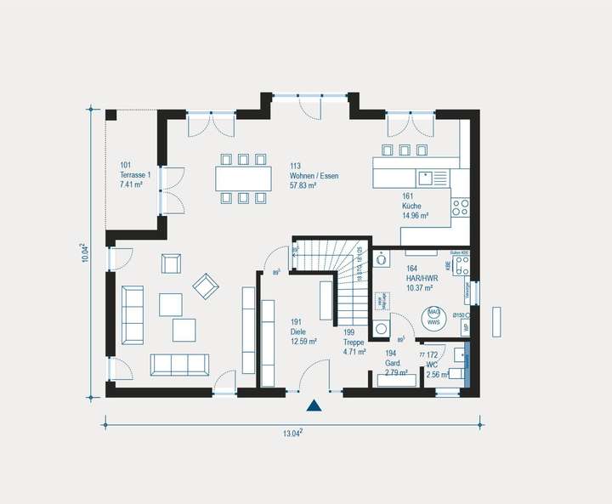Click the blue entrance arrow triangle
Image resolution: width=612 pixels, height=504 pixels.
(x=314, y=406)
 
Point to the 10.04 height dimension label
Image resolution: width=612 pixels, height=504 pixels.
(x=84, y=252)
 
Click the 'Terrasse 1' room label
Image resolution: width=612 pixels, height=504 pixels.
(x=135, y=175)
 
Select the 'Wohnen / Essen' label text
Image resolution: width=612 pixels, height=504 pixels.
(x=314, y=176)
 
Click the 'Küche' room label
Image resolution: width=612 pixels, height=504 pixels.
(x=413, y=207)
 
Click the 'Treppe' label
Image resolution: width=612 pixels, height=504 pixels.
(x=354, y=342)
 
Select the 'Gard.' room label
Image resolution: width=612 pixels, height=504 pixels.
(x=394, y=362)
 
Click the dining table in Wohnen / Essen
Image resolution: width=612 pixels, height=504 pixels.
(x=243, y=178)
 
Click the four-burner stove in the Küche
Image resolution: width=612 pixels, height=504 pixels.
(x=460, y=206)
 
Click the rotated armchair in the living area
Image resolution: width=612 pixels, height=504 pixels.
(x=206, y=286)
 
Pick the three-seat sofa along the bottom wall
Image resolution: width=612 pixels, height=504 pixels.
(x=180, y=364)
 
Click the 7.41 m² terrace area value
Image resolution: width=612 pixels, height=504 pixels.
(x=134, y=184)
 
